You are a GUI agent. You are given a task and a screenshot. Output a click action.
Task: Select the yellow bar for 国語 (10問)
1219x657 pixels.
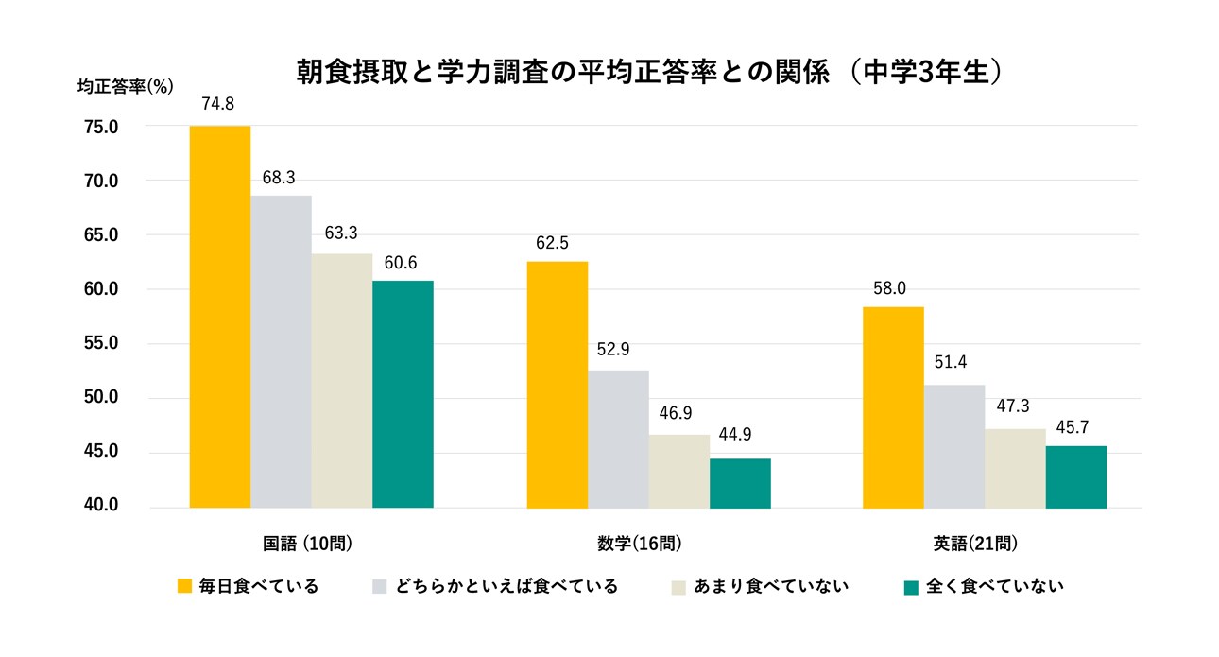pyautogui.click(x=219, y=317)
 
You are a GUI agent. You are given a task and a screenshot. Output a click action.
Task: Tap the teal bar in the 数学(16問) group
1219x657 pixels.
pyautogui.click(x=740, y=483)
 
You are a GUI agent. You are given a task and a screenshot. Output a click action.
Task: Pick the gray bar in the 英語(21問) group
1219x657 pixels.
pyautogui.click(x=953, y=446)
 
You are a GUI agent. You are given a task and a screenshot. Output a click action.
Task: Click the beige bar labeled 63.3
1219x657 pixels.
pyautogui.click(x=341, y=380)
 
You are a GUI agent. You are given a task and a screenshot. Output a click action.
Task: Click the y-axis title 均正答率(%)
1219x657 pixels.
pyautogui.click(x=125, y=86)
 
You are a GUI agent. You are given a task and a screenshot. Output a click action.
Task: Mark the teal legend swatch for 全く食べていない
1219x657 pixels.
pyautogui.click(x=911, y=587)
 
